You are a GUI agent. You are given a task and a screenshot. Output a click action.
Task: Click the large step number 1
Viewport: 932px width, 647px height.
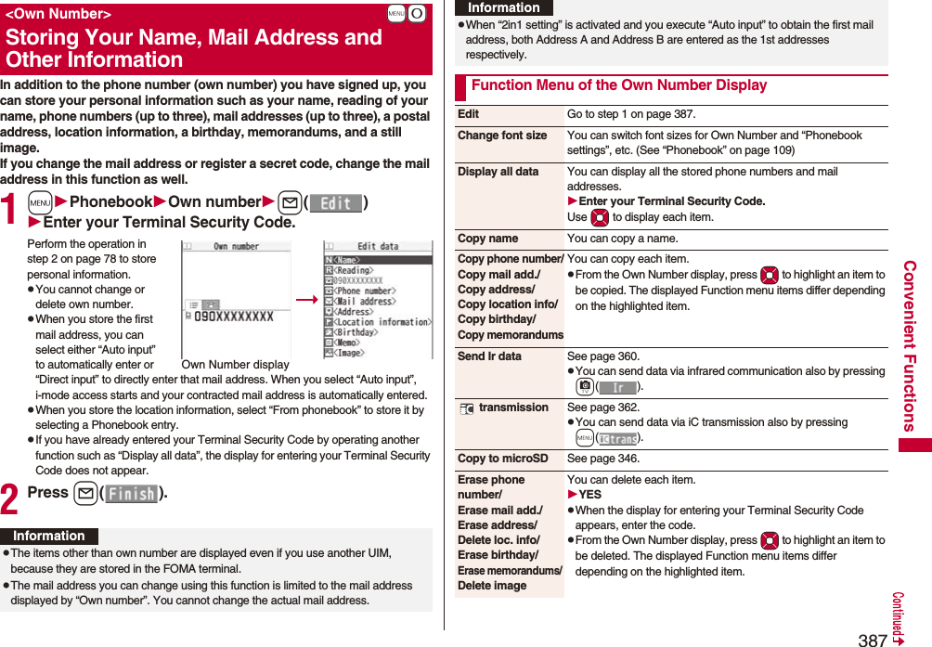[x=11, y=210]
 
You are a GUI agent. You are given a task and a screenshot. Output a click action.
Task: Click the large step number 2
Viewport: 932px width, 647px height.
[x=11, y=499]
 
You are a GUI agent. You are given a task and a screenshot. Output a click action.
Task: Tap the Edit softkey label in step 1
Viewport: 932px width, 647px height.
[x=335, y=202]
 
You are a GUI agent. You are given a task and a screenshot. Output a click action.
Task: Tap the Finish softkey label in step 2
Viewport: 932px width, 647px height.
[x=132, y=494]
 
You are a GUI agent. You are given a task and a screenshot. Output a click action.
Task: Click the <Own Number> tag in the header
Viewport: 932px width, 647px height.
[x=58, y=15]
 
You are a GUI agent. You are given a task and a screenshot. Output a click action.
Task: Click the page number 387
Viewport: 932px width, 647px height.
[x=872, y=639]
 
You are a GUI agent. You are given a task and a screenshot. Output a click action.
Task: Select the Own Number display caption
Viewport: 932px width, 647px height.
[x=235, y=365]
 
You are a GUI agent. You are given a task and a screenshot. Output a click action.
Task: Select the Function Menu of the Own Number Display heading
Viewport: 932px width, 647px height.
[x=618, y=85]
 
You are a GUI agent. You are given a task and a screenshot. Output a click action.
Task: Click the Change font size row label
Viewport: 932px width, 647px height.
[x=502, y=136]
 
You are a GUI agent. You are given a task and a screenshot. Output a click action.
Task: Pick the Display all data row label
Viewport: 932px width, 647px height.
[x=498, y=172]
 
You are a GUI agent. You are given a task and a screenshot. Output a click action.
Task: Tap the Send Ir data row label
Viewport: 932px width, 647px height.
[x=489, y=356]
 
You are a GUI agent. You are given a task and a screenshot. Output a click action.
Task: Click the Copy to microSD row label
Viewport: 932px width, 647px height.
[x=502, y=459]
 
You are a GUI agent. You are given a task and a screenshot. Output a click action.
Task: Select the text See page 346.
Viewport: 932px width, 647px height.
[x=603, y=459]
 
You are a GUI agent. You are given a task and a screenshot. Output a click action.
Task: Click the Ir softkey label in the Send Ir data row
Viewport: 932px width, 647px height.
[x=617, y=387]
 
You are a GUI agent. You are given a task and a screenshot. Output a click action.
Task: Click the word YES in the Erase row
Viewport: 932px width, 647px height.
[x=589, y=495]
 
